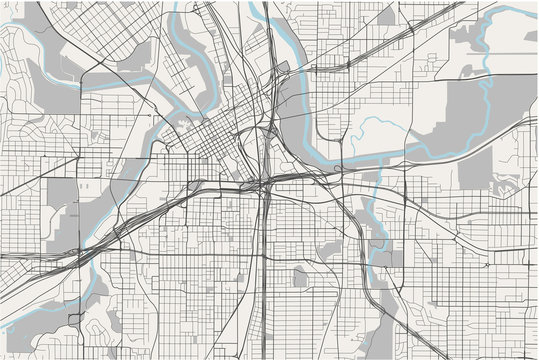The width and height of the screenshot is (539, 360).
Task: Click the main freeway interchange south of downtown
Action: coord(262,184)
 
